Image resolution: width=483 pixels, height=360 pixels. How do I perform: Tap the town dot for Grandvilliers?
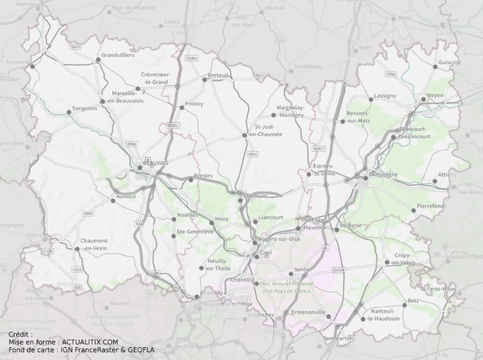pos(97,60)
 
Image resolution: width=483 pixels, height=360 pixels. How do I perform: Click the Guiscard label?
pos(450,62)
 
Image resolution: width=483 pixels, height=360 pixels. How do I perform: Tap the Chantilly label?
pos(241,279)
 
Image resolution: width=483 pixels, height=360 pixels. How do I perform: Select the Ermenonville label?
pos(308,312)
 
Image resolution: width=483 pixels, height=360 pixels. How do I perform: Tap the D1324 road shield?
pos(339,271)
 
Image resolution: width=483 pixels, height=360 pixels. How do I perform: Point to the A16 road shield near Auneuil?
pos(138,223)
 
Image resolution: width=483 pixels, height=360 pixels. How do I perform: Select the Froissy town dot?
pos(182,108)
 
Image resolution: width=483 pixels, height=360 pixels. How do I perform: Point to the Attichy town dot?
pos(435,181)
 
